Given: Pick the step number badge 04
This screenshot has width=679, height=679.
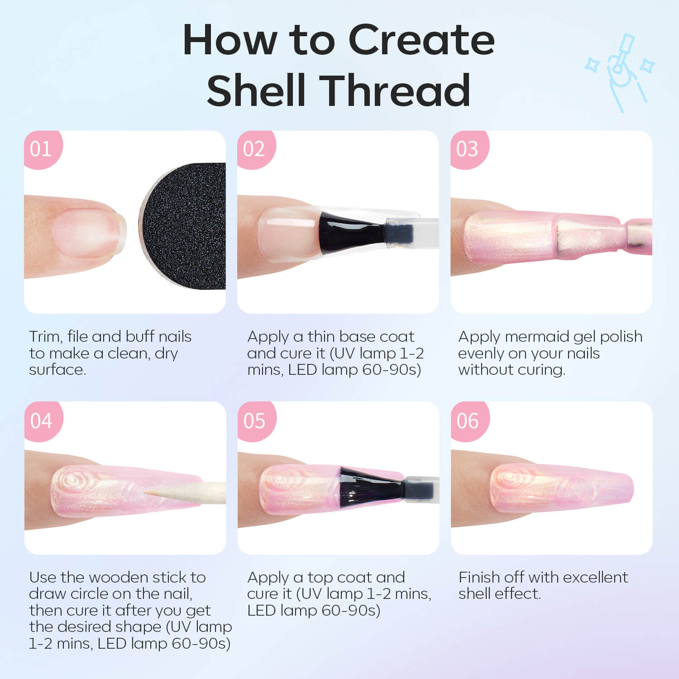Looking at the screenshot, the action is (43, 421).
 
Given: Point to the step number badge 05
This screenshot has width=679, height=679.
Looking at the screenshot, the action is (256, 421).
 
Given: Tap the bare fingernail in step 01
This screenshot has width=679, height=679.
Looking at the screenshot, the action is (88, 233).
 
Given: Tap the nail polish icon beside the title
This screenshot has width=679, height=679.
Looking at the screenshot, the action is (620, 72).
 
